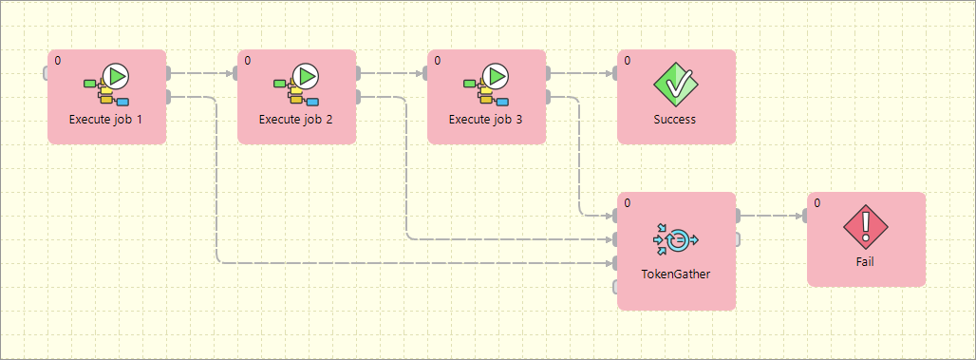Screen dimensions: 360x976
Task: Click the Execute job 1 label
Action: click(x=107, y=120)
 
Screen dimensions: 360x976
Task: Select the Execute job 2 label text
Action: click(x=296, y=120)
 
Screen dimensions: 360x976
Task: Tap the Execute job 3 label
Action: click(x=486, y=120)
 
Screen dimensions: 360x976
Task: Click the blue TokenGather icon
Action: click(x=676, y=240)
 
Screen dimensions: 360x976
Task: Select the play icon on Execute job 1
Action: click(x=116, y=76)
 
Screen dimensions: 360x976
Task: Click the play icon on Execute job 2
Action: click(x=306, y=76)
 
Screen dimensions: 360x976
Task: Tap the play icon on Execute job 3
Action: click(x=496, y=76)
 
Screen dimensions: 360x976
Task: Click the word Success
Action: click(x=676, y=120)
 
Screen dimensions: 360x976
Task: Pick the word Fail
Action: click(x=866, y=262)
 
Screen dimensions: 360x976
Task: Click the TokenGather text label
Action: click(x=676, y=274)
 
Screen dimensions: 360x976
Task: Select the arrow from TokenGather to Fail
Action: click(x=771, y=216)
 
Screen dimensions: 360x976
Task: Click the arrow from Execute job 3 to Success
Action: click(x=581, y=73)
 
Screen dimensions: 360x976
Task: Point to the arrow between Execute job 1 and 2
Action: click(x=201, y=73)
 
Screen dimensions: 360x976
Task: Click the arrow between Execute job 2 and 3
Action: click(x=391, y=73)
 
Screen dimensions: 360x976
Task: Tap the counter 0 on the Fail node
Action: click(x=817, y=203)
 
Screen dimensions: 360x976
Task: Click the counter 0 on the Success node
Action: click(x=628, y=61)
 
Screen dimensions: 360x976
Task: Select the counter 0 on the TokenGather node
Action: click(x=628, y=203)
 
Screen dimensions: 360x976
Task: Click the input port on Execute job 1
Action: click(x=46, y=73)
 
